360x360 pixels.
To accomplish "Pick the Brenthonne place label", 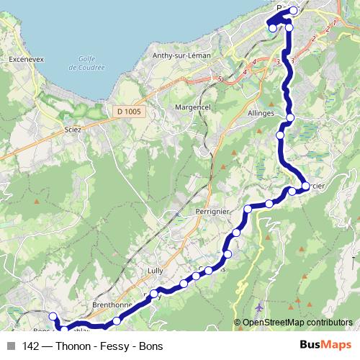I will point(109,305).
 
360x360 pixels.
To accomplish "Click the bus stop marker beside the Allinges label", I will point(290,117).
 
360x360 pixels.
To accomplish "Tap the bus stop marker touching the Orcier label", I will point(305,186).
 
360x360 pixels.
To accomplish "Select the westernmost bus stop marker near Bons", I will point(52,316).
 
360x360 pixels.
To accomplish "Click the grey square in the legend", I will point(11,345).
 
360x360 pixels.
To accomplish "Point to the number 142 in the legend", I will point(31,345).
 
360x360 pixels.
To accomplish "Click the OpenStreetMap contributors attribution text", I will point(297,323).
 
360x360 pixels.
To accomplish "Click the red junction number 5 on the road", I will point(220,78).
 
